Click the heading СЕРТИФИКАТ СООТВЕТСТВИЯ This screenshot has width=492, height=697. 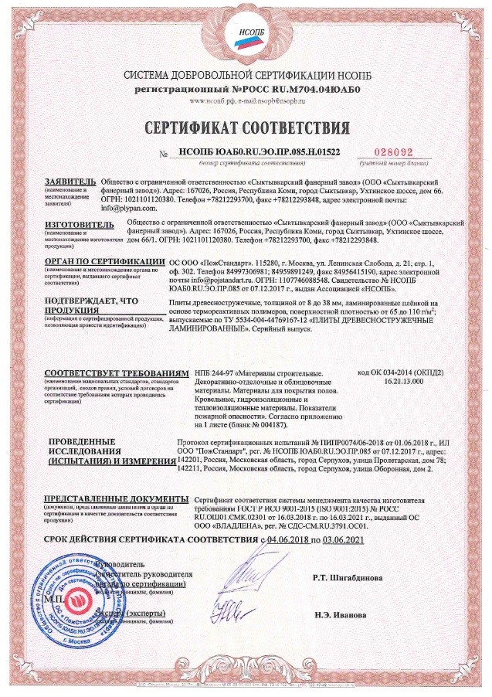246,126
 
